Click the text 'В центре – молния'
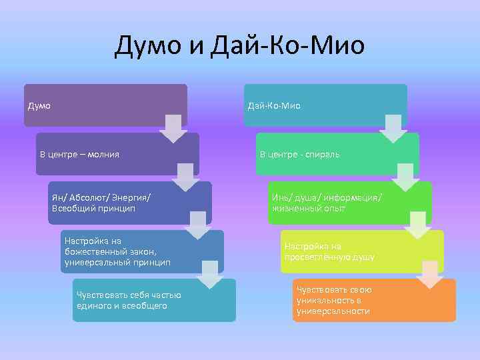point(79,155)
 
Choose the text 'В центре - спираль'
point(299,155)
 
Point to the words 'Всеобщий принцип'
point(93,209)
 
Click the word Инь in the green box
point(280,197)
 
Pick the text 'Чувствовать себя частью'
point(129,295)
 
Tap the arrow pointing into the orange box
point(430,273)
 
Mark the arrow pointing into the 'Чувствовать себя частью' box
point(210,274)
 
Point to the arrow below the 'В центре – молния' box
point(185,177)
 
